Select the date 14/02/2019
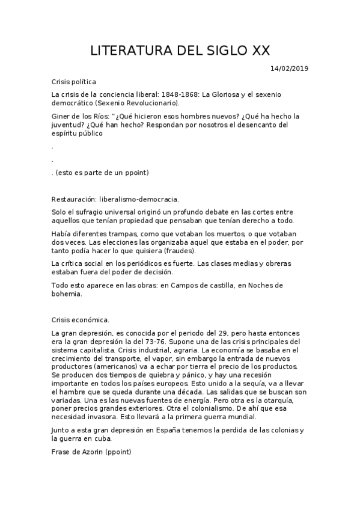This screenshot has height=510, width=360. pos(289,69)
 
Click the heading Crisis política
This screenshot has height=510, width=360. pos(74,82)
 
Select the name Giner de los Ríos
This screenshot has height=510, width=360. pos(79,115)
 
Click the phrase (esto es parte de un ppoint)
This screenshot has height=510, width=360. pos(102,173)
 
